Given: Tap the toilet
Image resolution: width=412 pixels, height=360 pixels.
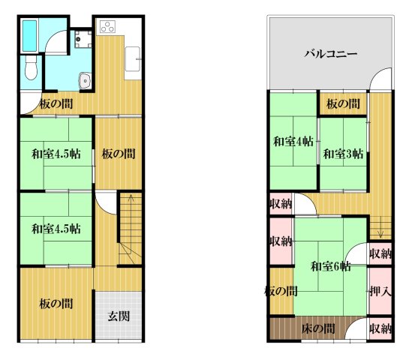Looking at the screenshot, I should pyautogui.click(x=30, y=70).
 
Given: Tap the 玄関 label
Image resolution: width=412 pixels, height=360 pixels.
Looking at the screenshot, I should pyautogui.click(x=118, y=316).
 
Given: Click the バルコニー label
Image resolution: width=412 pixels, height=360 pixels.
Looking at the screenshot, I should pyautogui.click(x=330, y=54).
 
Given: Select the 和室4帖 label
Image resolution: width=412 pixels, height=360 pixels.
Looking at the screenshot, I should pyautogui.click(x=293, y=141).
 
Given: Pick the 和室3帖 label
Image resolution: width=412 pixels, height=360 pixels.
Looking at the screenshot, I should pyautogui.click(x=343, y=154).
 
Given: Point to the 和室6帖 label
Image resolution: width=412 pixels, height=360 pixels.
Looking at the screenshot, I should pyautogui.click(x=331, y=265).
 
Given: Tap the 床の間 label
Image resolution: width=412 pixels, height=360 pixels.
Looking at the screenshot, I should pyautogui.click(x=318, y=328).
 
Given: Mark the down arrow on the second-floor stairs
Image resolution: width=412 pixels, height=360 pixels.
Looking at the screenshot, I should pyautogui.click(x=380, y=222).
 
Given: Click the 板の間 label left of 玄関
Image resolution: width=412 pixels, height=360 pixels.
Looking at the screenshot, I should pyautogui.click(x=56, y=304).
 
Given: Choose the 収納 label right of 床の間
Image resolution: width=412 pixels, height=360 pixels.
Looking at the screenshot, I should pyautogui.click(x=380, y=328).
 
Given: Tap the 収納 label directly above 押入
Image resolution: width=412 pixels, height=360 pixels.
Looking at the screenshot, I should pyautogui.click(x=380, y=253).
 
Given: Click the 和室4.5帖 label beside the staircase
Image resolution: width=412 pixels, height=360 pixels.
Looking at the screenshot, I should pyautogui.click(x=56, y=228).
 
